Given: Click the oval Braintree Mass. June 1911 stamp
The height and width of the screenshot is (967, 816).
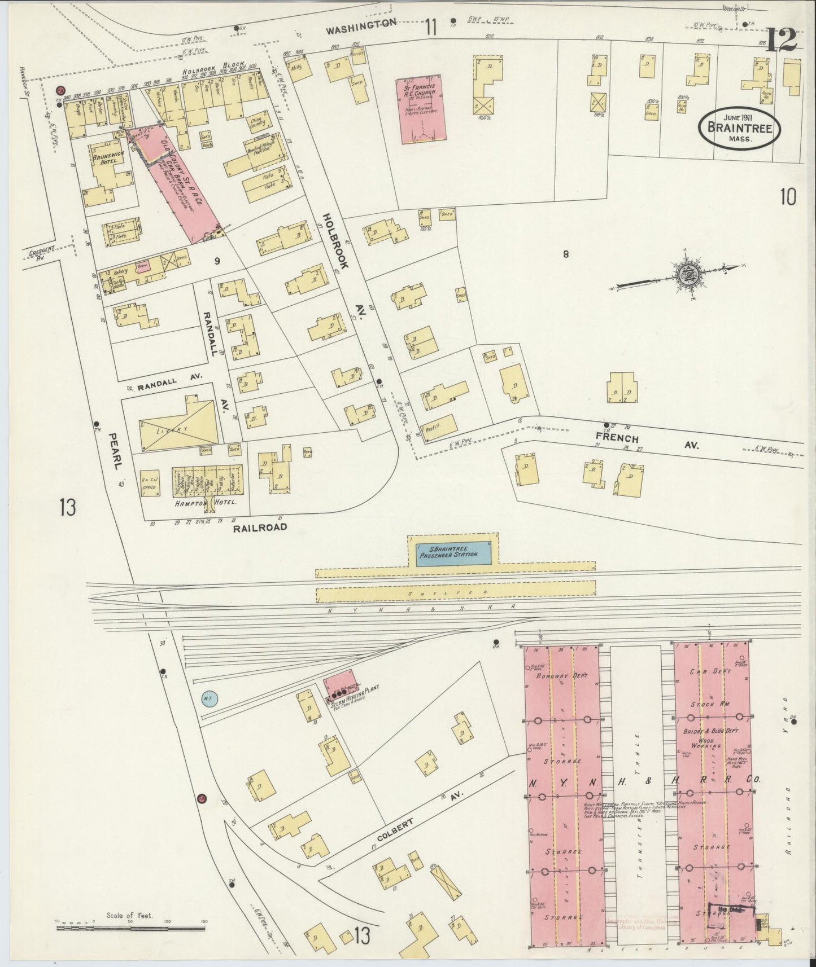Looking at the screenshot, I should [739, 128].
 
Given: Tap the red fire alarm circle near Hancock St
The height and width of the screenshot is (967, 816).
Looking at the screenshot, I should [59, 90].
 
